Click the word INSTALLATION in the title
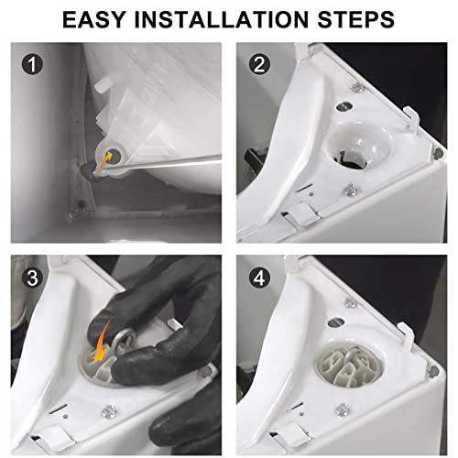coord(222,19)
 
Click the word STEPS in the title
coord(356,19)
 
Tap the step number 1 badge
coord(32,64)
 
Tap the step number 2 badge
coord(259,64)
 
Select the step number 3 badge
coord(32,278)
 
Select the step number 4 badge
coord(259,278)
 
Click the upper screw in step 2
coord(357,88)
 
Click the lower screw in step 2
coord(352,191)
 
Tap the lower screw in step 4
coord(343,409)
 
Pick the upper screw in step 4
coord(350,303)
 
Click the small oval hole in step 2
coord(344,106)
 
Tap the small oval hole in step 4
coord(336,322)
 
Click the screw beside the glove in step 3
coord(109,411)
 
